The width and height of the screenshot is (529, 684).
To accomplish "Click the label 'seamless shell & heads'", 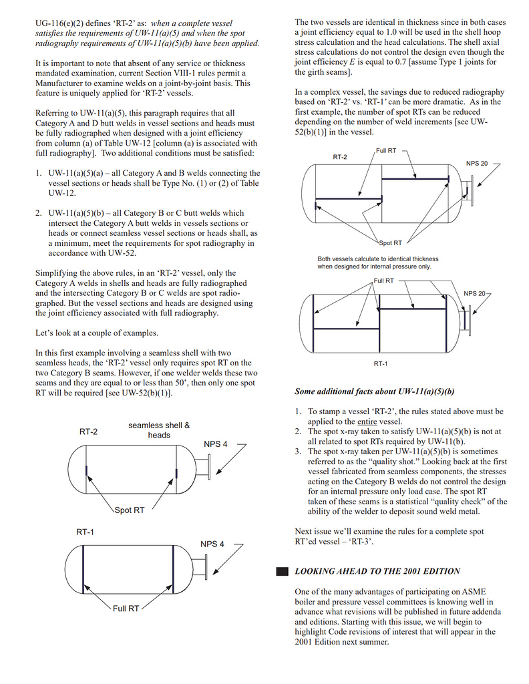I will click(159, 430).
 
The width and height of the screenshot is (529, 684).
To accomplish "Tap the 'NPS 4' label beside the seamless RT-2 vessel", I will click(216, 444).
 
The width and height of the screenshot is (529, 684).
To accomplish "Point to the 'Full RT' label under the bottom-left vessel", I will click(126, 609).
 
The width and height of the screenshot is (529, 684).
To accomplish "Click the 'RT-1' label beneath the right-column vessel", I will click(381, 363).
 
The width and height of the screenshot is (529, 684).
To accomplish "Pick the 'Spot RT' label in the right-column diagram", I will click(390, 243).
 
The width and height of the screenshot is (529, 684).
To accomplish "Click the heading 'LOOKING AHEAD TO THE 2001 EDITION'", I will click(377, 571).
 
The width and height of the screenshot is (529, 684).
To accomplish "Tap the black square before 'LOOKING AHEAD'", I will click(282, 571).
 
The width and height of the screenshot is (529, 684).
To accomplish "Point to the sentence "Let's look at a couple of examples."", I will click(96, 333).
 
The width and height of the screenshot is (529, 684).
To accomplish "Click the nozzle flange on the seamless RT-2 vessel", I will click(208, 466).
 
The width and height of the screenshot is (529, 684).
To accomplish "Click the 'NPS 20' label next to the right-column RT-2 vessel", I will click(477, 164).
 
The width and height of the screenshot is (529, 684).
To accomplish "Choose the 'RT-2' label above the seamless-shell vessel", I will click(88, 432).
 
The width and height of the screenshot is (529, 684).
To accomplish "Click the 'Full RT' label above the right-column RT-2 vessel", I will click(386, 151).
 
